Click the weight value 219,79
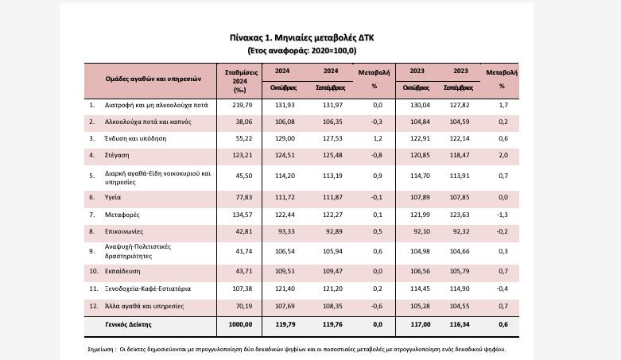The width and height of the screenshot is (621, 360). pyautogui.click(x=241, y=105)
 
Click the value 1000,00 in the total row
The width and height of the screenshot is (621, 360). pyautogui.click(x=240, y=324)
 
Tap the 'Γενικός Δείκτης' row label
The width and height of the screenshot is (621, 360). pyautogui.click(x=129, y=324)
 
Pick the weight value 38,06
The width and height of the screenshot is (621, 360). pyautogui.click(x=241, y=122)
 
